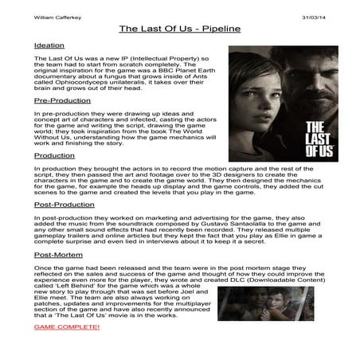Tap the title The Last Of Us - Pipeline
[x=179, y=29]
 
